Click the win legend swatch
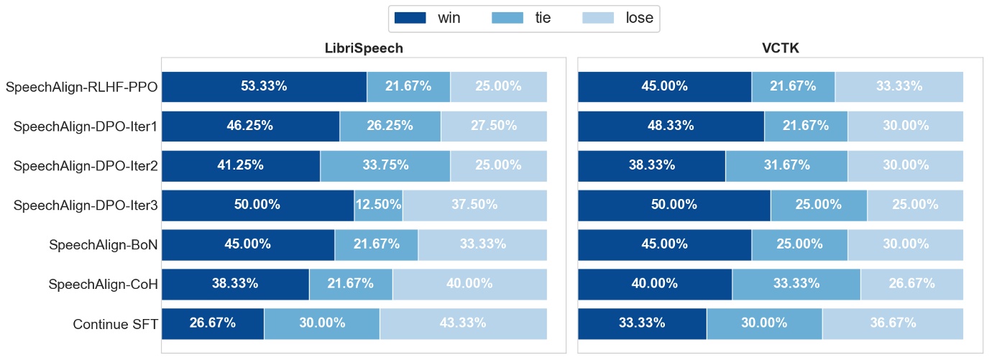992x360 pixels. [x=410, y=18]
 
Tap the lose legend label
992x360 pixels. [x=639, y=18]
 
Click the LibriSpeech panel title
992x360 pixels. [x=364, y=49]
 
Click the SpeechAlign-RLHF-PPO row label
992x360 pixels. [x=81, y=88]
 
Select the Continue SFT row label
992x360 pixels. [x=115, y=324]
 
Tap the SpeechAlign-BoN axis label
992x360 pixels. [x=103, y=245]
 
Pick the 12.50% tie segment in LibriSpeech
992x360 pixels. [x=378, y=205]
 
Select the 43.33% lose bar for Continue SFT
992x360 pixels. [x=463, y=323]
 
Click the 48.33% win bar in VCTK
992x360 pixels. [x=671, y=126]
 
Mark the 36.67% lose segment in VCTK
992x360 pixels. [x=892, y=323]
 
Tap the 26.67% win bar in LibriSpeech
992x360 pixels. [x=213, y=323]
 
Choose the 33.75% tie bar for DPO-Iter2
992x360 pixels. [x=385, y=165]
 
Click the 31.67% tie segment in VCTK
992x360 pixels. [x=786, y=165]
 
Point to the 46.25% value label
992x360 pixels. [x=249, y=126]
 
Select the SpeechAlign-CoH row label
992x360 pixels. [x=103, y=285]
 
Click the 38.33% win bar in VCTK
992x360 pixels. [x=651, y=165]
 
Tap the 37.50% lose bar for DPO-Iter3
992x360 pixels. [x=474, y=205]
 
